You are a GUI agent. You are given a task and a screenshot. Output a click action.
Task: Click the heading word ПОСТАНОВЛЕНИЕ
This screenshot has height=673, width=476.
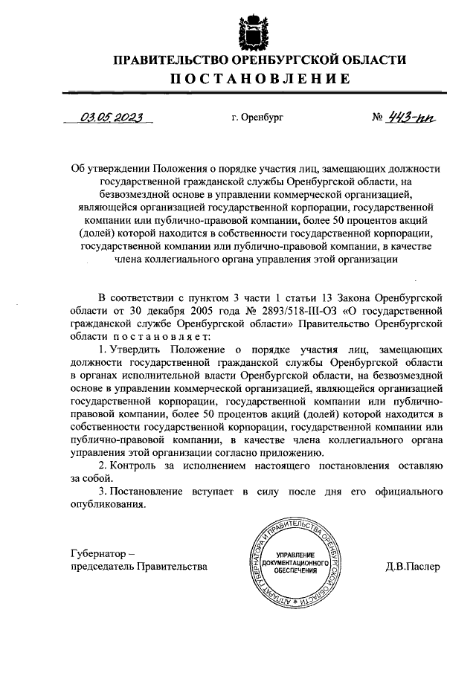(x=258, y=80)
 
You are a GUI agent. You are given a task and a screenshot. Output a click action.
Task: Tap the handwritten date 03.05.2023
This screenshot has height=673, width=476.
(x=112, y=117)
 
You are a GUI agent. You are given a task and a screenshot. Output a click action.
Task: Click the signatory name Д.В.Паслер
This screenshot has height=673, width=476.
(x=413, y=567)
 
